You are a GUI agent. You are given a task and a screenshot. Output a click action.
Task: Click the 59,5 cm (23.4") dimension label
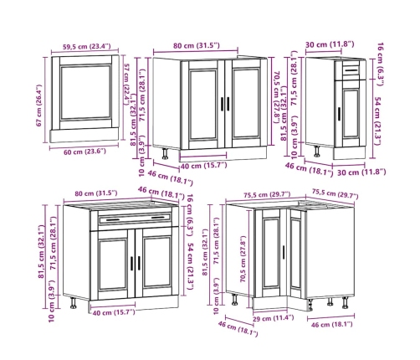click(x=86, y=46)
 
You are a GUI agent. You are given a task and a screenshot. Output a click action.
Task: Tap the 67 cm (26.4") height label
click(x=38, y=105)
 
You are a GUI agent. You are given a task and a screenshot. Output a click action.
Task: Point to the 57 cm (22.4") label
click(x=126, y=85)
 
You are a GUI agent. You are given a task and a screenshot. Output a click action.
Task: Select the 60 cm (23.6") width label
click(x=85, y=152)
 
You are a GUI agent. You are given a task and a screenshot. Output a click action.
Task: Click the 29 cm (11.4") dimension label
click(x=273, y=318)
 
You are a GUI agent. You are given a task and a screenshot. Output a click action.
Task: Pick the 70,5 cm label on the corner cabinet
click(x=243, y=260)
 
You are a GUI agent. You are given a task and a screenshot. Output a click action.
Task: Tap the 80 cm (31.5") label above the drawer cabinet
click(x=96, y=193)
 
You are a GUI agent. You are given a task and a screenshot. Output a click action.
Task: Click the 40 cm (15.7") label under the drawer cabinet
click(x=114, y=312)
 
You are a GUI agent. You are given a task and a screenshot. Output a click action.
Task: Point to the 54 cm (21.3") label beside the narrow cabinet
click(x=377, y=121)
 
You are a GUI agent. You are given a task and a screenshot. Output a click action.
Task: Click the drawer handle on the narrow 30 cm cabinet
click(x=351, y=70)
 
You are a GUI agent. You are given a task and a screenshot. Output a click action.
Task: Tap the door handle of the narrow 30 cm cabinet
click(x=339, y=114)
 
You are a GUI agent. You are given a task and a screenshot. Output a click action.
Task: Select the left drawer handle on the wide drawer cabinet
click(x=113, y=220)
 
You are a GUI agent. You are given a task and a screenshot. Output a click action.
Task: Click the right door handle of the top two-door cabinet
click(x=228, y=104)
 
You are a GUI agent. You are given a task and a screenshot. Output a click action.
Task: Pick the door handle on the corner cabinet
click(x=284, y=253)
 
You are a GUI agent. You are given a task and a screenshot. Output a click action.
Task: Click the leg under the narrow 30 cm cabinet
click(x=317, y=152)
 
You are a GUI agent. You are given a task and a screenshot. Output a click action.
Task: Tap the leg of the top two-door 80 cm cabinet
click(x=165, y=153)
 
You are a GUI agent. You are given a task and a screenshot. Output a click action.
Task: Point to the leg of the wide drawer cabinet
click(x=74, y=303)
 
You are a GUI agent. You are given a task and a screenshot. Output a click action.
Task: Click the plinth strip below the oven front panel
click(x=85, y=136)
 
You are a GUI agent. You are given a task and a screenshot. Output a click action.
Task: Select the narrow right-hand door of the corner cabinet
click(x=295, y=253)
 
